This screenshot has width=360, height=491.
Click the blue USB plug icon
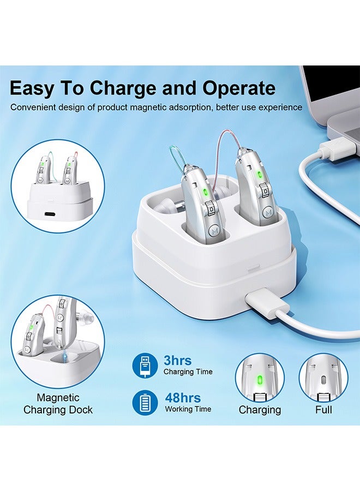pyautogui.click(x=145, y=366)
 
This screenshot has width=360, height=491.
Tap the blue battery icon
pyautogui.click(x=145, y=403)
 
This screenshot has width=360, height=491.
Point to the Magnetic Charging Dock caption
pyautogui.click(x=58, y=404)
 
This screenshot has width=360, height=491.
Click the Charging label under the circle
pyautogui.click(x=260, y=410)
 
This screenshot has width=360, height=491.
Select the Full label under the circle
pyautogui.click(x=323, y=410)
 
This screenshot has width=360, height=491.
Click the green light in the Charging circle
pyautogui.click(x=260, y=379)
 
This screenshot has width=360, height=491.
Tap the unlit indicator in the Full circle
pyautogui.click(x=323, y=379)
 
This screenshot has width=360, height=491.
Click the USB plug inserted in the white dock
pyautogui.click(x=260, y=301)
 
